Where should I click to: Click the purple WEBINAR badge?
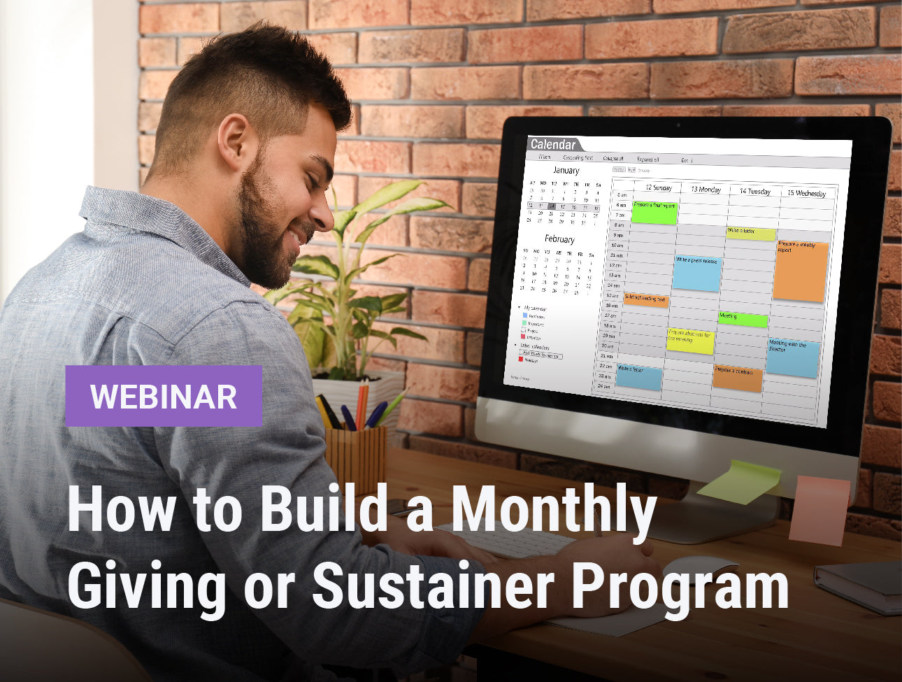(x=164, y=396)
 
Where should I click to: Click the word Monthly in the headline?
(x=554, y=509)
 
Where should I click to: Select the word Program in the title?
(x=680, y=586)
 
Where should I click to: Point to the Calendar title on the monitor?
(x=553, y=145)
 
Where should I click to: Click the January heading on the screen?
(x=566, y=170)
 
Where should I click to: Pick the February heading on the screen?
(x=559, y=239)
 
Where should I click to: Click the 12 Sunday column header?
(x=658, y=187)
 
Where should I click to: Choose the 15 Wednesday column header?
(x=806, y=193)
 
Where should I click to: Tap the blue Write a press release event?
(x=696, y=273)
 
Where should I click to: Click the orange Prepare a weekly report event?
(x=800, y=271)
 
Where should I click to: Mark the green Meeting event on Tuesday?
(x=743, y=320)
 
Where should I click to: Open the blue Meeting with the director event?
(x=792, y=358)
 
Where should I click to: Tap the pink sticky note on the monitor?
(x=819, y=510)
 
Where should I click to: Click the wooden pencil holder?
(x=356, y=459)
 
